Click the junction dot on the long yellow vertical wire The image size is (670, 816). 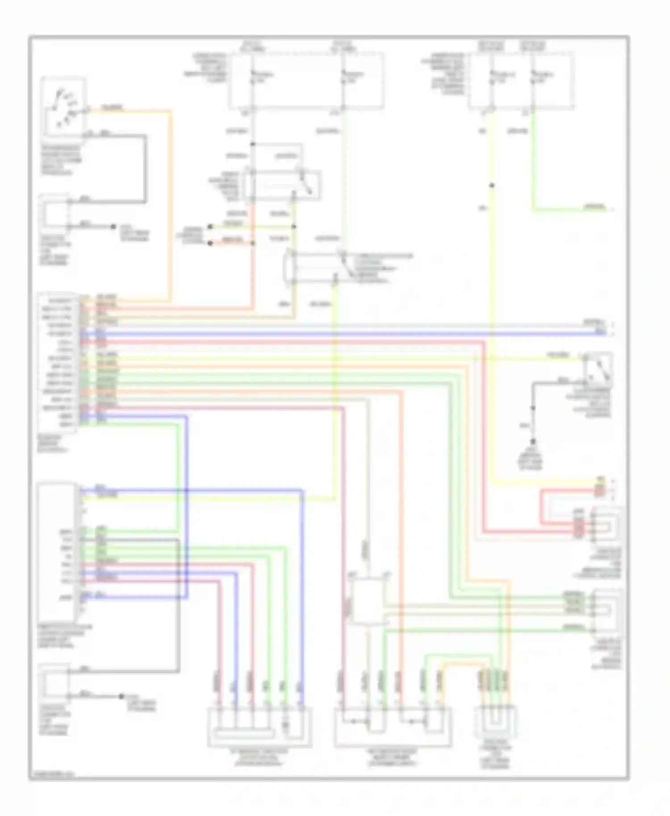pos(491,185)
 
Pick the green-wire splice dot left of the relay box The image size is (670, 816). pos(210,227)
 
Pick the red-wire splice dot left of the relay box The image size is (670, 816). pos(210,243)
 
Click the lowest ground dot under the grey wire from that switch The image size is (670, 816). pos(532,442)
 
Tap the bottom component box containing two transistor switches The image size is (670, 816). pos(392,727)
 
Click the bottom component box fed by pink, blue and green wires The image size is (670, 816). pos(260,727)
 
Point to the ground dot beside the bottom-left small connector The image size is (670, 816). pos(121,696)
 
